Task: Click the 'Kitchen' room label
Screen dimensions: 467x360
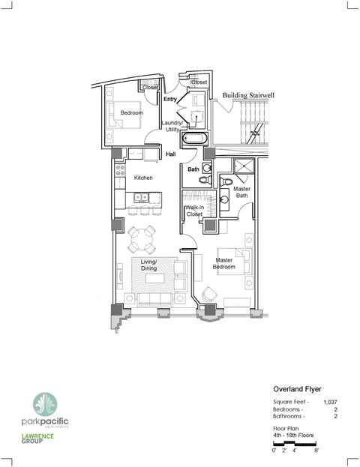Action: pos(143,178)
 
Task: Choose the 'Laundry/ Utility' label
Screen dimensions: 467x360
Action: pos(174,126)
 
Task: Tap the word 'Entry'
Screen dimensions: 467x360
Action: pos(171,99)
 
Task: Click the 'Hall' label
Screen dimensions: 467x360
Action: pos(171,154)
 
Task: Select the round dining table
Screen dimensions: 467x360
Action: pos(142,241)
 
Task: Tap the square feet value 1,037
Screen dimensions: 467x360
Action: pos(329,403)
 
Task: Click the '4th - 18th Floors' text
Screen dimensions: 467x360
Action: pos(292,436)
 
